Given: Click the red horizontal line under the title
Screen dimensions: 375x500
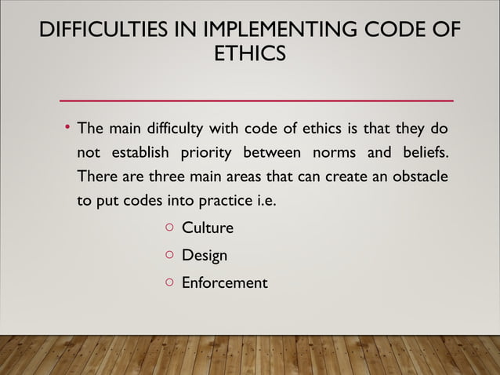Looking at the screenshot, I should (x=257, y=101).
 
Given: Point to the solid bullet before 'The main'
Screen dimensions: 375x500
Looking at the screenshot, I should (x=67, y=126).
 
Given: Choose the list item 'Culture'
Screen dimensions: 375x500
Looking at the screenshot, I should (x=208, y=229).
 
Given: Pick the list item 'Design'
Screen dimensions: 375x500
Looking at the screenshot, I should (x=205, y=256).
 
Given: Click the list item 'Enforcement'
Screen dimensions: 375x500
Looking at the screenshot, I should (x=225, y=282).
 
